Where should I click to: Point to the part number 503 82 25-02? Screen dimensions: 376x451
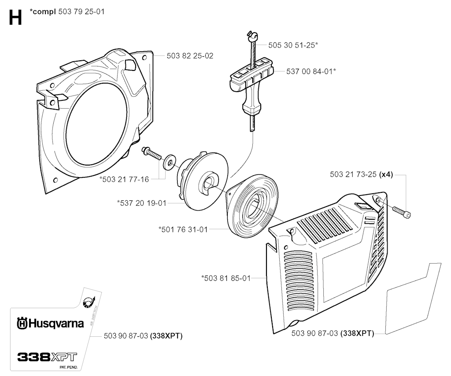tap(190, 56)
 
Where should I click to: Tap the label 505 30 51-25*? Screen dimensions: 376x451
tap(293, 45)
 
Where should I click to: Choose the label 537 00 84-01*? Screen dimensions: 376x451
tap(311, 70)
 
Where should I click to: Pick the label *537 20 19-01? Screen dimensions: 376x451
tap(142, 203)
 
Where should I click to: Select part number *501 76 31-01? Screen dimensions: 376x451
tap(183, 229)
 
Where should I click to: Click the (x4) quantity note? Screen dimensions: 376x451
tap(386, 174)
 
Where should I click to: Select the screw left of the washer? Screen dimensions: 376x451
tap(152, 154)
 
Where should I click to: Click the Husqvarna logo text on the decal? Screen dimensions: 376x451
tap(50, 324)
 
